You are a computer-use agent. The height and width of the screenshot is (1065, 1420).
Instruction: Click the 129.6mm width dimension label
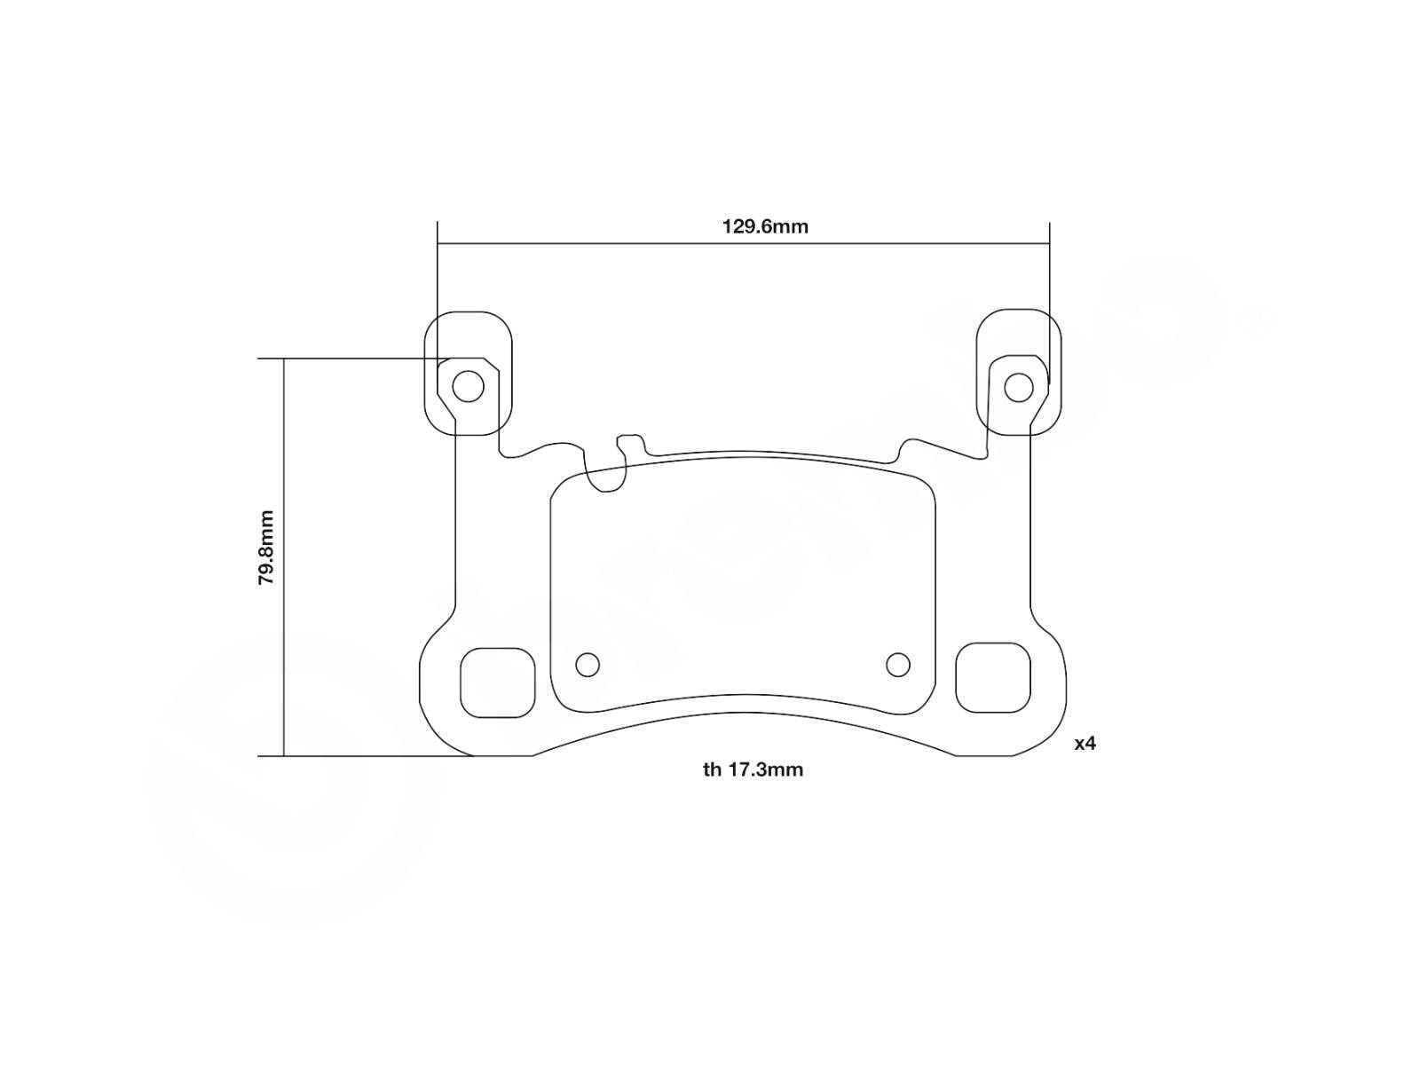point(765,227)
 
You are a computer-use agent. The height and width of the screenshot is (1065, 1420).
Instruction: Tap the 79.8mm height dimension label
point(266,548)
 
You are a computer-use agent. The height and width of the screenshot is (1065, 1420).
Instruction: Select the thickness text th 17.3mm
point(753,769)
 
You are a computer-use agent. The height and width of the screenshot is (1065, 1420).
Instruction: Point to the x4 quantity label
point(1085,744)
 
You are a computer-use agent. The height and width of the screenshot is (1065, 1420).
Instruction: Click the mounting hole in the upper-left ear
point(468,387)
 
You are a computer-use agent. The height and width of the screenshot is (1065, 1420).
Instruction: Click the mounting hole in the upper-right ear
point(1018,387)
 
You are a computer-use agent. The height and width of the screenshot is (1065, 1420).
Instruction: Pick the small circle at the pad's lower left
point(588,664)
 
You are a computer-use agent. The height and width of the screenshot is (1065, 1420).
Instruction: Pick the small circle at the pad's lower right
point(898,664)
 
